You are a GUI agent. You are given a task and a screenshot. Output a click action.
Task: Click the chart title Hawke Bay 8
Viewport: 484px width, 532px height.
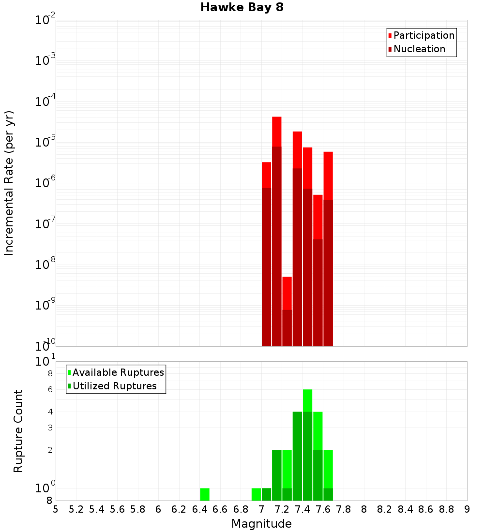click(242, 8)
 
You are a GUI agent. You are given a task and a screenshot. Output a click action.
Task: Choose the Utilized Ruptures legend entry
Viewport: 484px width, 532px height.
click(114, 386)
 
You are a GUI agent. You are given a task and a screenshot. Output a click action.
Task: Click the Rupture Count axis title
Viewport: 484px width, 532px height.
click(18, 431)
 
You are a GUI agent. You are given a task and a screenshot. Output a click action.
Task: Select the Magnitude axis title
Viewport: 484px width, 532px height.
click(261, 524)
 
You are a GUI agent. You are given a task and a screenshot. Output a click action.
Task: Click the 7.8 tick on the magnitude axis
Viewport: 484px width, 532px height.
click(344, 509)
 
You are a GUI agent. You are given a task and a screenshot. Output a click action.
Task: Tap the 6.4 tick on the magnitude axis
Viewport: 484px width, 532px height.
click(200, 509)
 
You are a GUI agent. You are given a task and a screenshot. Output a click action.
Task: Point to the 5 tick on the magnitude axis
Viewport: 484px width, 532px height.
click(56, 509)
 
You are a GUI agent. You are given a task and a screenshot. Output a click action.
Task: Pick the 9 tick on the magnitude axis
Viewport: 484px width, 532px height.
click(467, 509)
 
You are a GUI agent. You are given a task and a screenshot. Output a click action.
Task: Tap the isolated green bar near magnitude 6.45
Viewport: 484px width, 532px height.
click(205, 494)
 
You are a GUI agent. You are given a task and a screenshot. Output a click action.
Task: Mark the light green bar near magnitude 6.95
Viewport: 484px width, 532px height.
click(256, 494)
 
